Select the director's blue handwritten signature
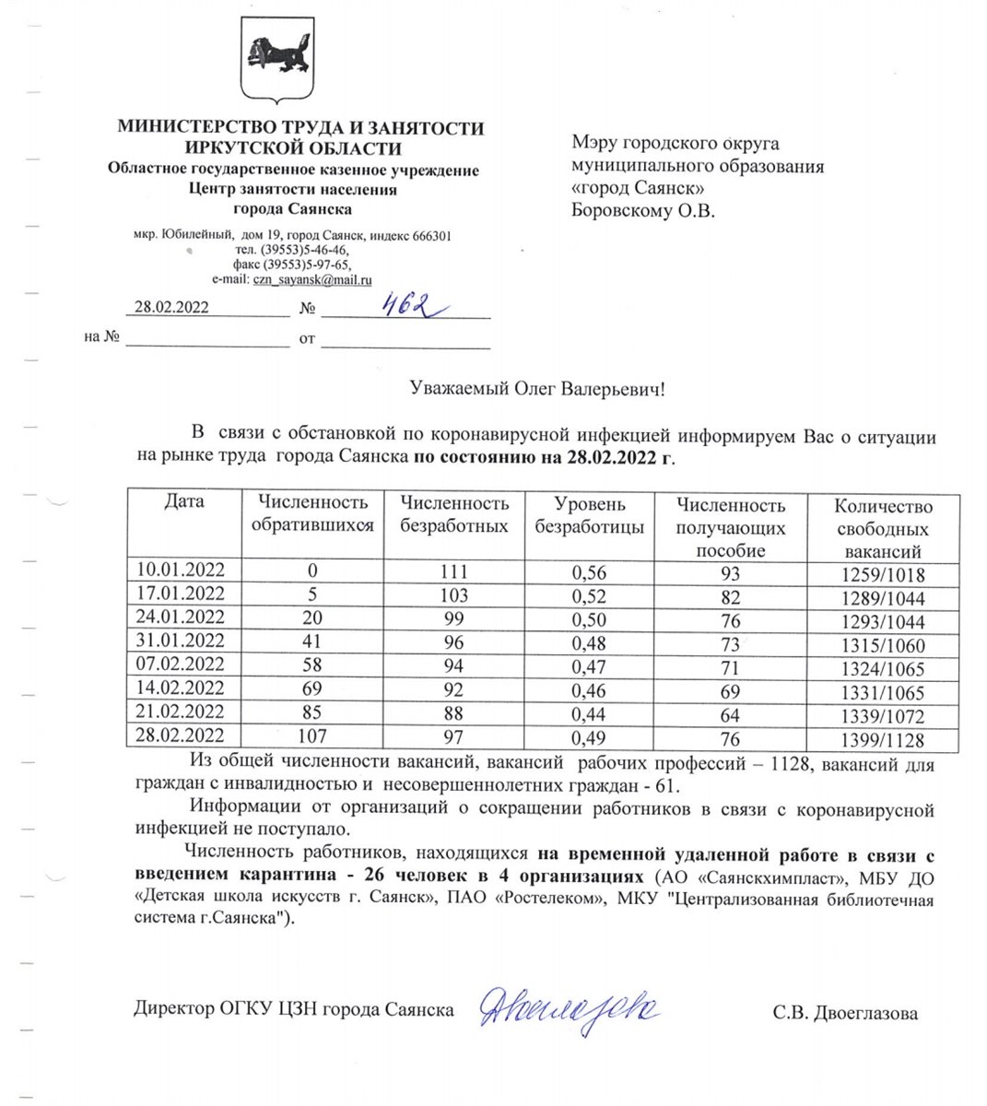click(x=569, y=1010)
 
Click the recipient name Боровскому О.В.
click(x=642, y=210)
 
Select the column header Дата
click(x=184, y=502)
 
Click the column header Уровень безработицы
click(x=589, y=515)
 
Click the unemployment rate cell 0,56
click(x=589, y=572)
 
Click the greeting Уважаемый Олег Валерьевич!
click(x=536, y=390)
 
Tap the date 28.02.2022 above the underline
click(x=171, y=307)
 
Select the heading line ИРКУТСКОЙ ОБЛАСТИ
click(x=293, y=148)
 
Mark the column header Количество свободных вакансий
click(x=883, y=529)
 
